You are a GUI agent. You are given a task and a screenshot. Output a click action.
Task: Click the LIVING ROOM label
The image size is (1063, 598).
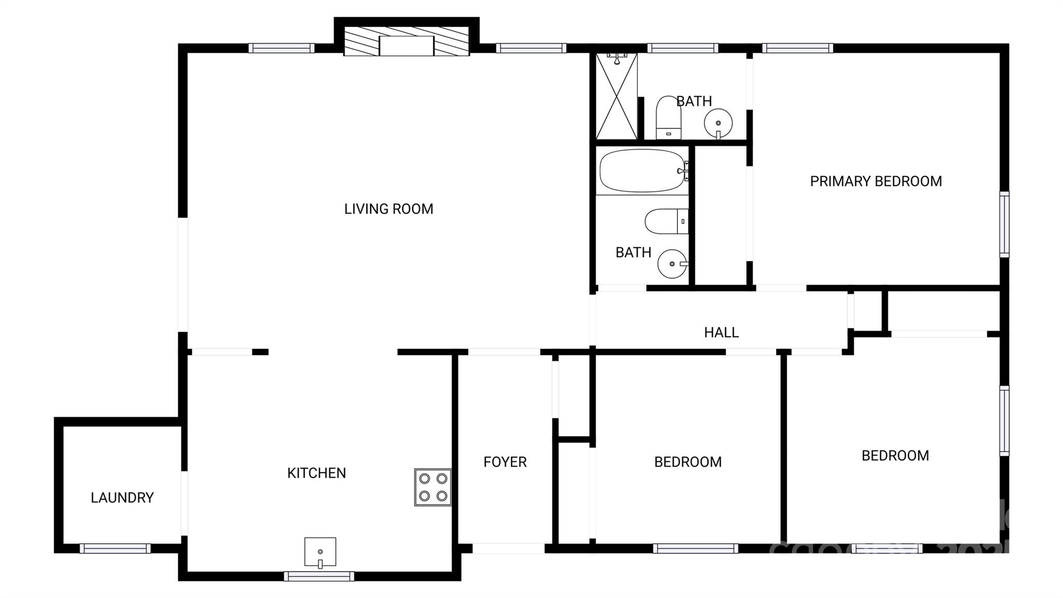(388, 209)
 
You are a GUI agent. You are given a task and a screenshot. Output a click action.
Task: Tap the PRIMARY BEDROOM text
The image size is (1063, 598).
(876, 181)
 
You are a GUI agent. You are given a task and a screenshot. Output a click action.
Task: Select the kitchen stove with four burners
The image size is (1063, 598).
(433, 487)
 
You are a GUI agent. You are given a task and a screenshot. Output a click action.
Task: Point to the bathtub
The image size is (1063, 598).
(642, 171)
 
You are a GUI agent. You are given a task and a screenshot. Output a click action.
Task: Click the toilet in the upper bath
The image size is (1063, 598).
(669, 117)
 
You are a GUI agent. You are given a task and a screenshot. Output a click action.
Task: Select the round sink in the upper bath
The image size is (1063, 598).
(718, 123)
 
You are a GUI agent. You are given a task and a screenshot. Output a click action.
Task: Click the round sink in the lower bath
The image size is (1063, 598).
(672, 264)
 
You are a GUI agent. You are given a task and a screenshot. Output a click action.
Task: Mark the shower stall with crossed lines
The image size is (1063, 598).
(616, 97)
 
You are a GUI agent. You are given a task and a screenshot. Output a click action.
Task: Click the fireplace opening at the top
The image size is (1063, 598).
(406, 46)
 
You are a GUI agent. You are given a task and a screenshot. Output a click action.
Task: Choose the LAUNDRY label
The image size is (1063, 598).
(122, 498)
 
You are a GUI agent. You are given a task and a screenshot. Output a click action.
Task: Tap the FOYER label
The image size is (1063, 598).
(505, 462)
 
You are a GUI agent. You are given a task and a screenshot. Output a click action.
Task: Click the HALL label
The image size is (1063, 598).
(721, 333)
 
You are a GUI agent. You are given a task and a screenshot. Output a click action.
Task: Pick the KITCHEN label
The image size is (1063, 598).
(317, 473)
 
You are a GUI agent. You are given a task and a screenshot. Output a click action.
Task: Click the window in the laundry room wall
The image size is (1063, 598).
(115, 549)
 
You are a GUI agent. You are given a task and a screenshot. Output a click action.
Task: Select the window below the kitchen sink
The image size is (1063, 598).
(319, 576)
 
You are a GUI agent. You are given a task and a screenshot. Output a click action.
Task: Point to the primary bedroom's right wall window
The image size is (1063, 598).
(1004, 224)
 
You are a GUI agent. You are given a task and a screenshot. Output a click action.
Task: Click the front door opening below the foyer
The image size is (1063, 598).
(508, 549)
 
